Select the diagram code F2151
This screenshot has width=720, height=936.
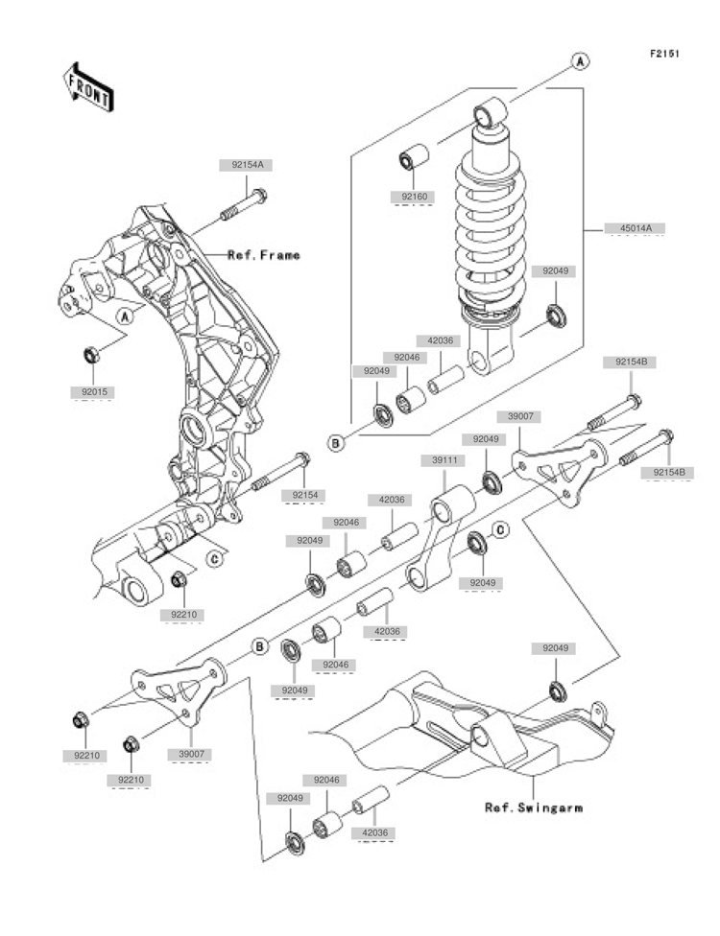pos(664,54)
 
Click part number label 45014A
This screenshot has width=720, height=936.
pos(635,228)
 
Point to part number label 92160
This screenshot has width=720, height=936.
pos(412,197)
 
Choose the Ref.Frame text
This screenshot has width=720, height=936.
pos(263,255)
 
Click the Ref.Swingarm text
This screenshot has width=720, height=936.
pos(533,807)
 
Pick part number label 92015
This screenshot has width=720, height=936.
pos(92,391)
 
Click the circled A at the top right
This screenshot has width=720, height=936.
pos(581,60)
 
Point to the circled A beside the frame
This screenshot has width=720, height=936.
pos(124,316)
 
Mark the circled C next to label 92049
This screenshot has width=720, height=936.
pos(500,529)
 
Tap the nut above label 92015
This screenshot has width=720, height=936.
pos(92,356)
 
